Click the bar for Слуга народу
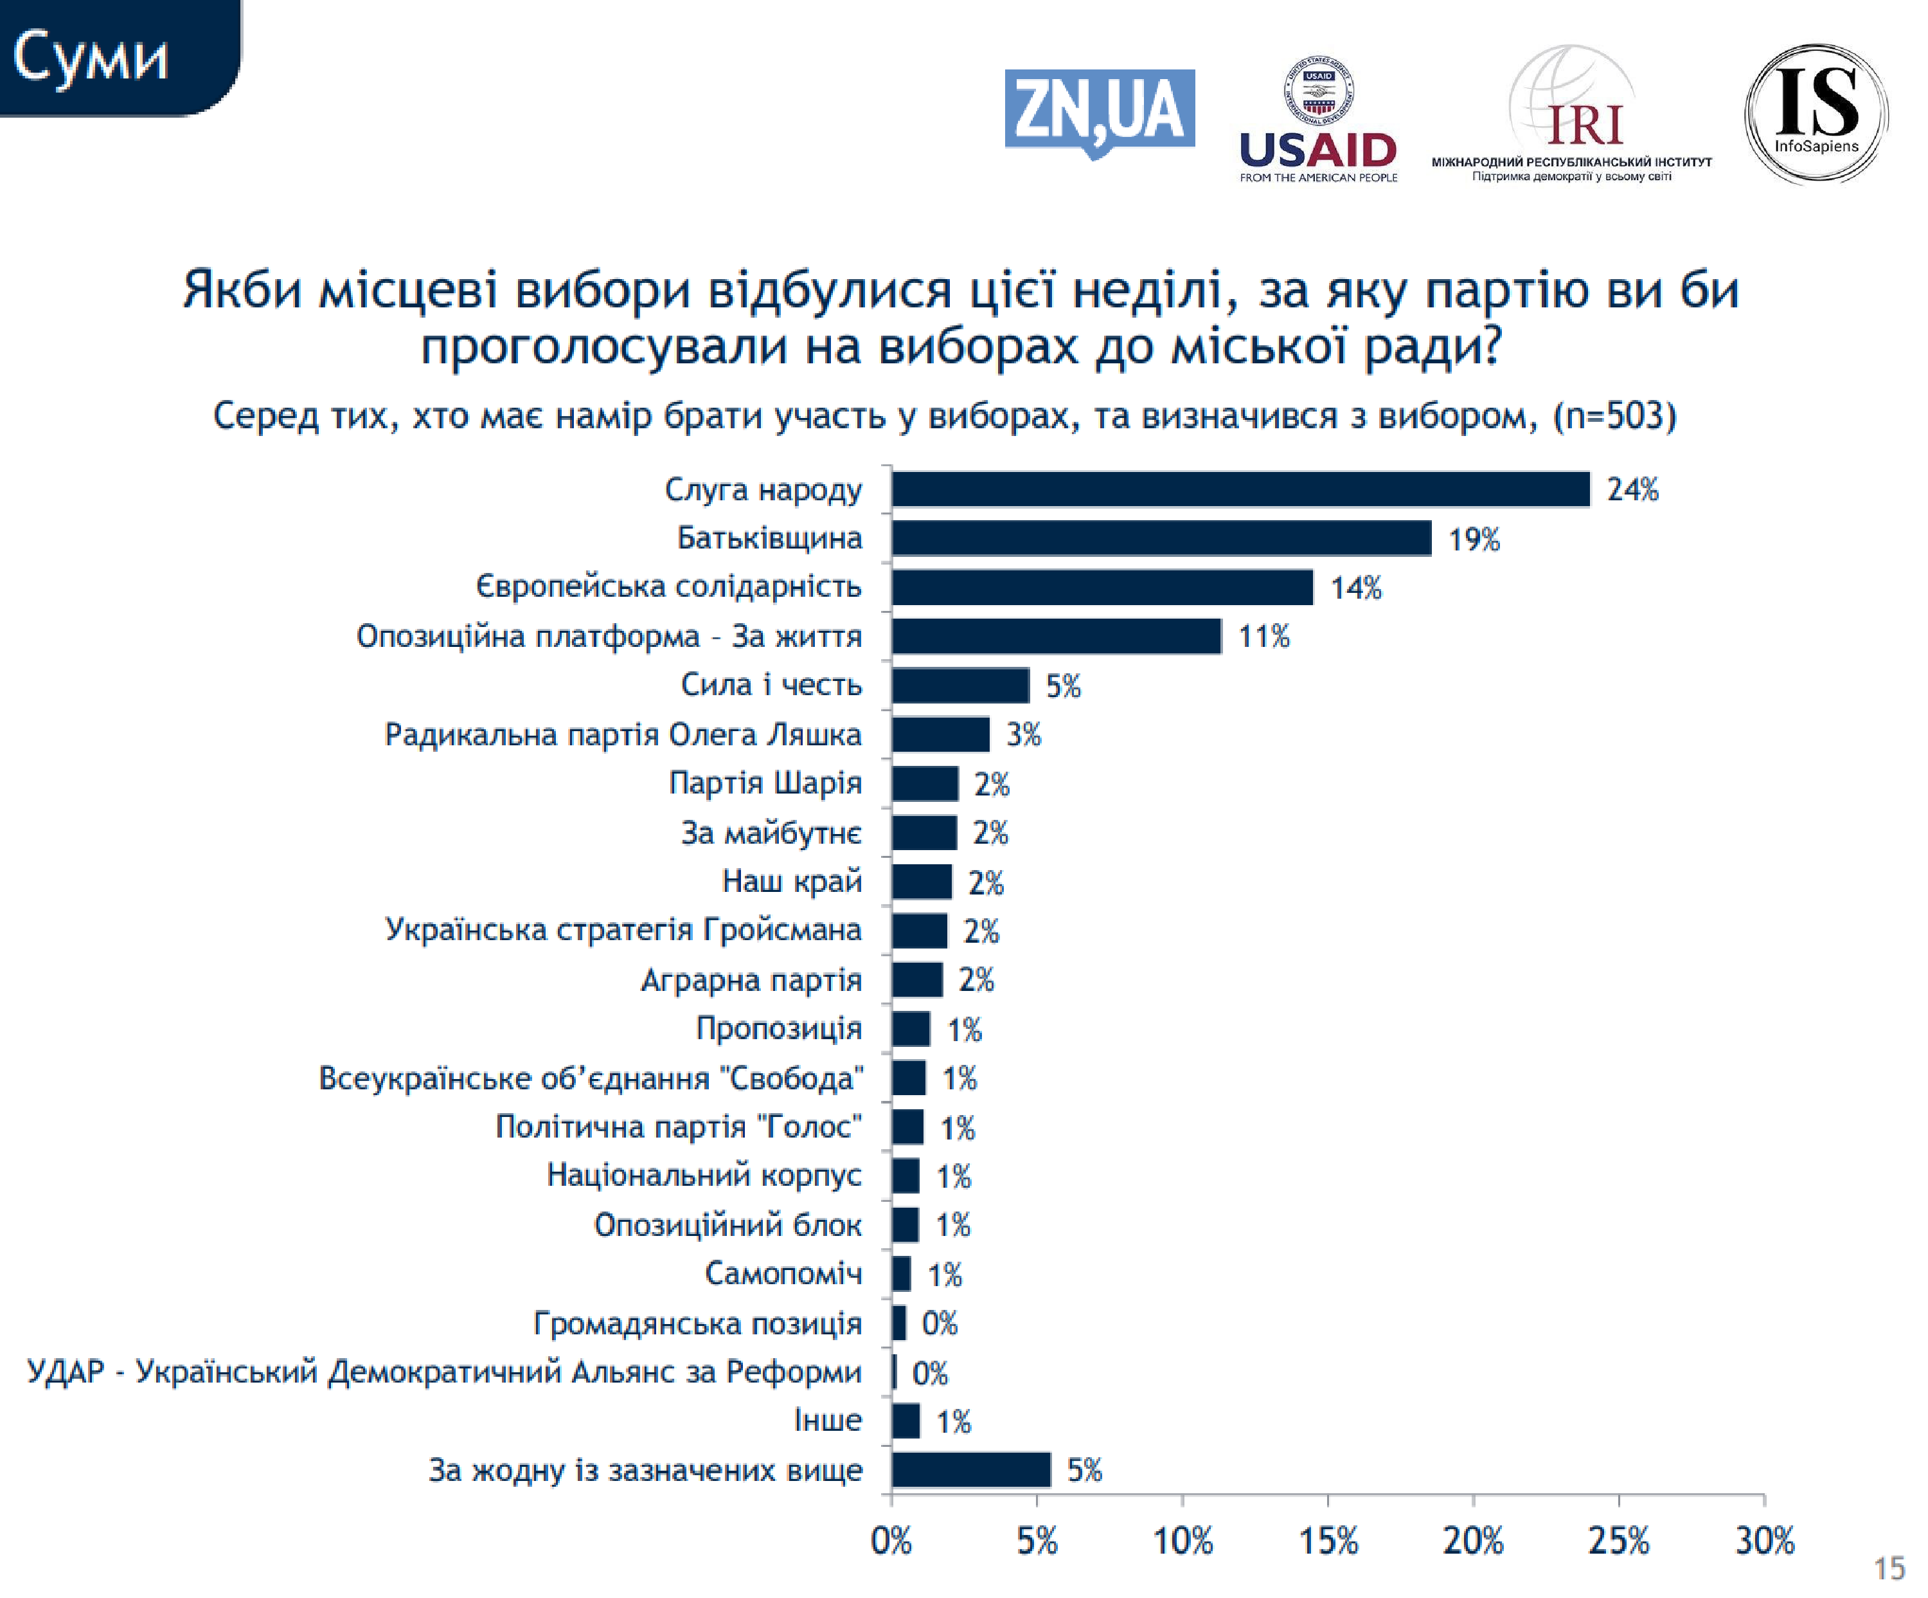point(1240,489)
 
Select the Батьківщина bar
point(1161,538)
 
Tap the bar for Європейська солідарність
point(1102,587)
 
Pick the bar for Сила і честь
point(960,685)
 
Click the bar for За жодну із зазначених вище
point(970,1469)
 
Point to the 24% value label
point(1632,489)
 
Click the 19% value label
point(1474,539)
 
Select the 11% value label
point(1263,637)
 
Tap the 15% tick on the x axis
point(1328,1540)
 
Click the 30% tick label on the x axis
point(1763,1540)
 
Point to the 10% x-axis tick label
point(1182,1540)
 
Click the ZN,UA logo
point(1099,112)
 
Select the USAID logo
point(1317,120)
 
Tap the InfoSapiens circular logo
point(1815,113)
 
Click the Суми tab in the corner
point(92,57)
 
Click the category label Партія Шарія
point(765,783)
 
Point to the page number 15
point(1889,1568)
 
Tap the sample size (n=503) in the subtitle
point(1614,416)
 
